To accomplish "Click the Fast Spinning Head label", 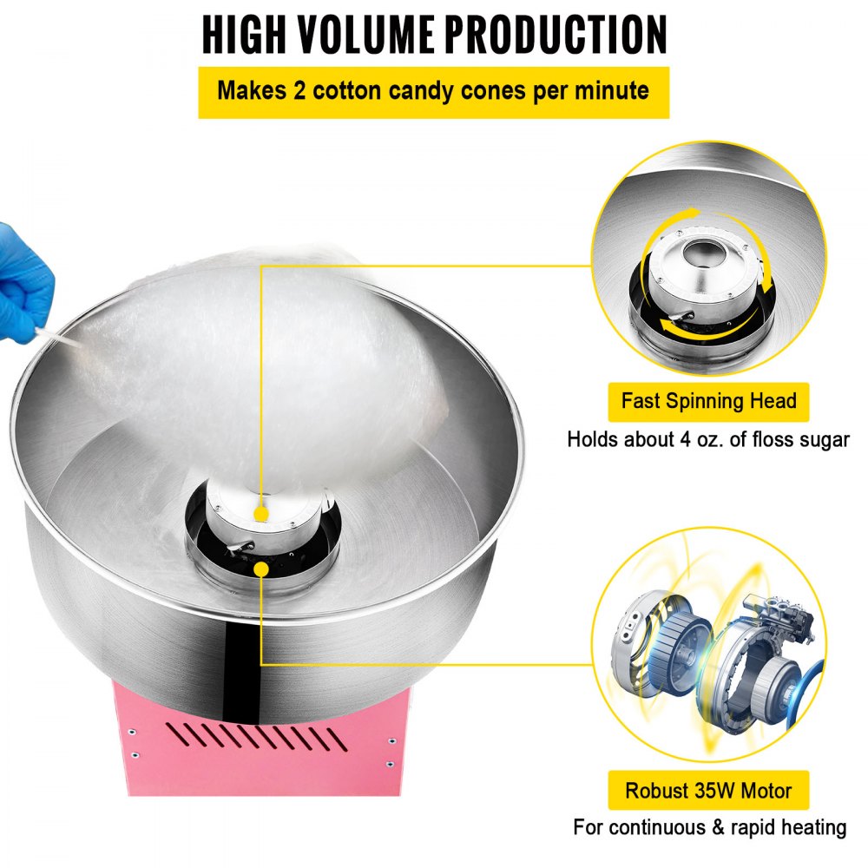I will (x=708, y=401).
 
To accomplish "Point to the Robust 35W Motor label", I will (x=708, y=791).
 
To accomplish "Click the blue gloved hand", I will (x=24, y=271).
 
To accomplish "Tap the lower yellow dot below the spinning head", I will (x=260, y=568).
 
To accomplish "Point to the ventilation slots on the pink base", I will (x=270, y=738).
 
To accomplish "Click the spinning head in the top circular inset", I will (x=699, y=278).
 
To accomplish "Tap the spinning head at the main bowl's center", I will (x=260, y=529).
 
